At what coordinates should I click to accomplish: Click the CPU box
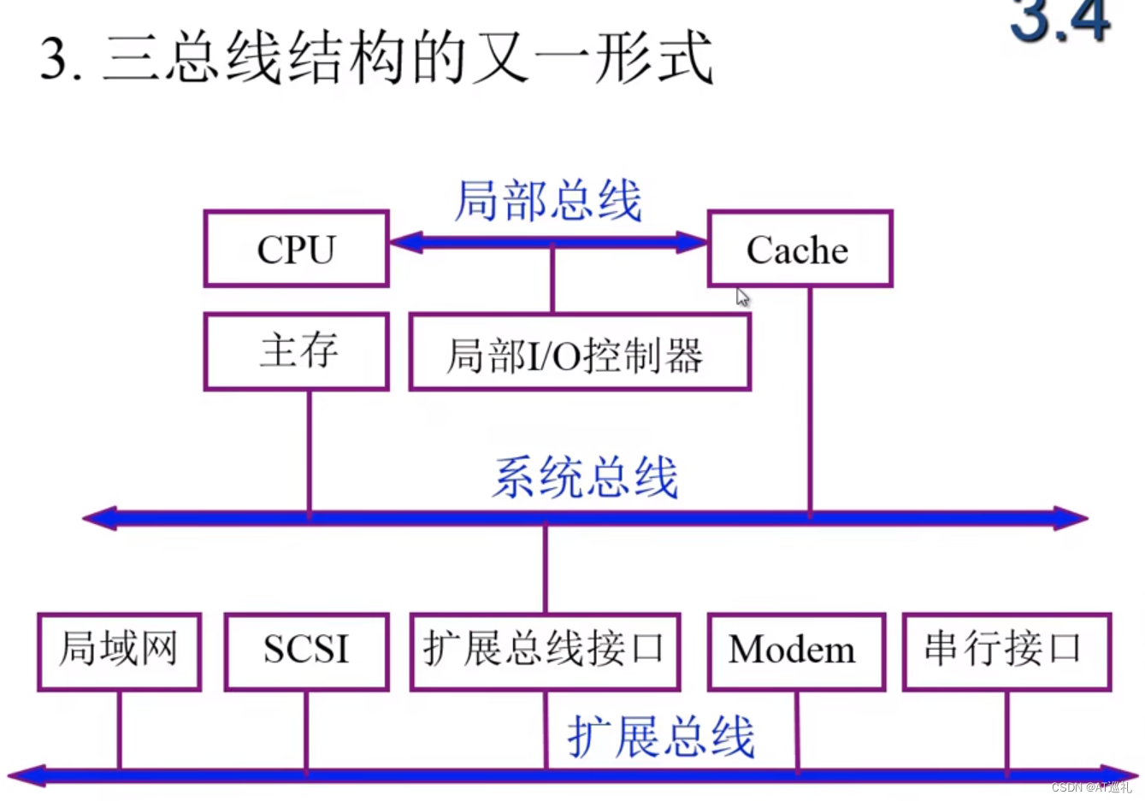pyautogui.click(x=296, y=249)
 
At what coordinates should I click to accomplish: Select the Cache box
pyautogui.click(x=800, y=249)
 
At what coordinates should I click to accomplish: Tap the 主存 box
pyautogui.click(x=296, y=351)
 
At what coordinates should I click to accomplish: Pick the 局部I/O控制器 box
pyautogui.click(x=579, y=352)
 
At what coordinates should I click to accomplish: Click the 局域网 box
pyautogui.click(x=119, y=651)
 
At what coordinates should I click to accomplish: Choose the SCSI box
pyautogui.click(x=306, y=651)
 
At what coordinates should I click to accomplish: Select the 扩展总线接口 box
pyautogui.click(x=545, y=651)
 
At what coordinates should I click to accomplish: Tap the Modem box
pyautogui.click(x=795, y=651)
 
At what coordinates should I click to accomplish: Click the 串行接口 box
pyautogui.click(x=1006, y=651)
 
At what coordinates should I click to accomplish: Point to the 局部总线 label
pyautogui.click(x=548, y=202)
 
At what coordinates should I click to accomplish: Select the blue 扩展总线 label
pyautogui.click(x=661, y=736)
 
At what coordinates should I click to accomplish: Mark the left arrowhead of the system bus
pyautogui.click(x=99, y=518)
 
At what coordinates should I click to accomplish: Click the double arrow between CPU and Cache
pyautogui.click(x=548, y=242)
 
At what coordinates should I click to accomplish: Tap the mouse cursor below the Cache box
pyautogui.click(x=742, y=297)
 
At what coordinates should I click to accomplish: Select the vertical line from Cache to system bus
pyautogui.click(x=810, y=402)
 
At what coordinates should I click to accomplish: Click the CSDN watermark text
pyautogui.click(x=1091, y=787)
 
